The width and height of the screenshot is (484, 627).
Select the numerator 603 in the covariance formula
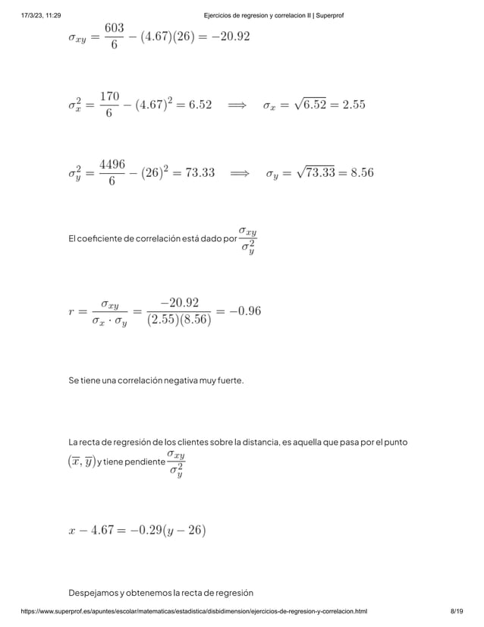click(114, 27)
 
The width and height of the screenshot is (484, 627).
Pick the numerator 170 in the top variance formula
click(109, 96)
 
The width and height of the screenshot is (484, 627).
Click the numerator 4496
click(112, 164)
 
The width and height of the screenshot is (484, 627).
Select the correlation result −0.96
click(245, 310)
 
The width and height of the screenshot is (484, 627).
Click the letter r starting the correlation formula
click(71, 311)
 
